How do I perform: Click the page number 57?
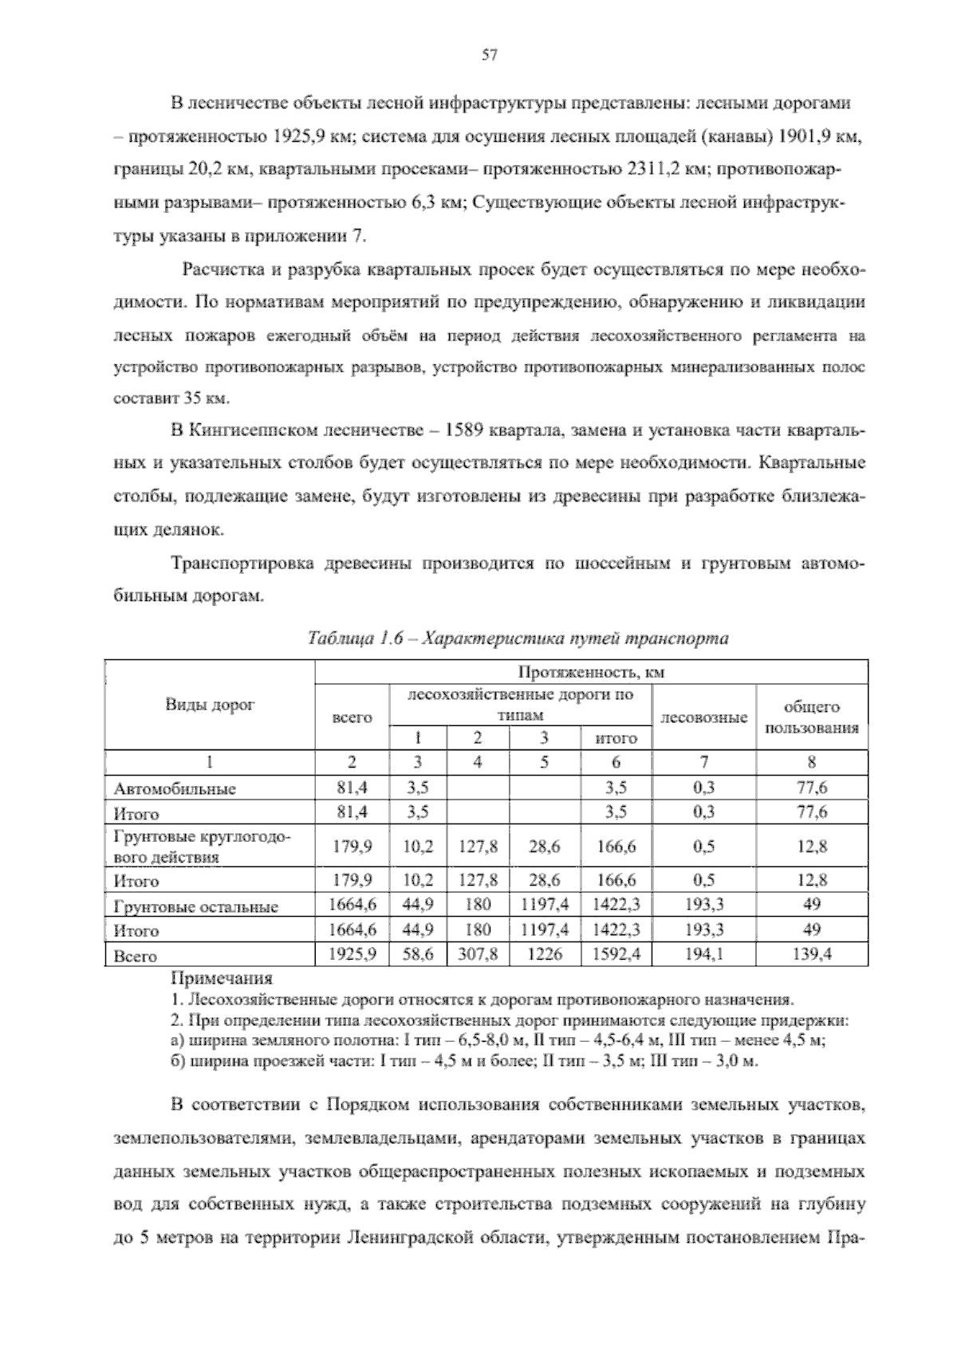[490, 55]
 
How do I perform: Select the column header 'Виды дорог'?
[210, 705]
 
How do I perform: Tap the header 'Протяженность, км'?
[591, 673]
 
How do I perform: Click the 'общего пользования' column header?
[812, 717]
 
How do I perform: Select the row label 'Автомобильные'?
[175, 789]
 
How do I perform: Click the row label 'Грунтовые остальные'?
[196, 907]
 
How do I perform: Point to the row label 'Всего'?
[135, 956]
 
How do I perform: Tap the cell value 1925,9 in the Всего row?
[352, 954]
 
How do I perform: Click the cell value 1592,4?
[616, 954]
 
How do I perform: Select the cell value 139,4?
[812, 954]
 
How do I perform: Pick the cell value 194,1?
[704, 954]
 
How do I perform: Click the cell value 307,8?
[478, 954]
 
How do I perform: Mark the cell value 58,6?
[418, 954]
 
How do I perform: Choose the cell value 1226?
[544, 954]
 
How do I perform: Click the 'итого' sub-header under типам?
[616, 738]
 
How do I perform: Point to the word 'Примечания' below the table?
[222, 978]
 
